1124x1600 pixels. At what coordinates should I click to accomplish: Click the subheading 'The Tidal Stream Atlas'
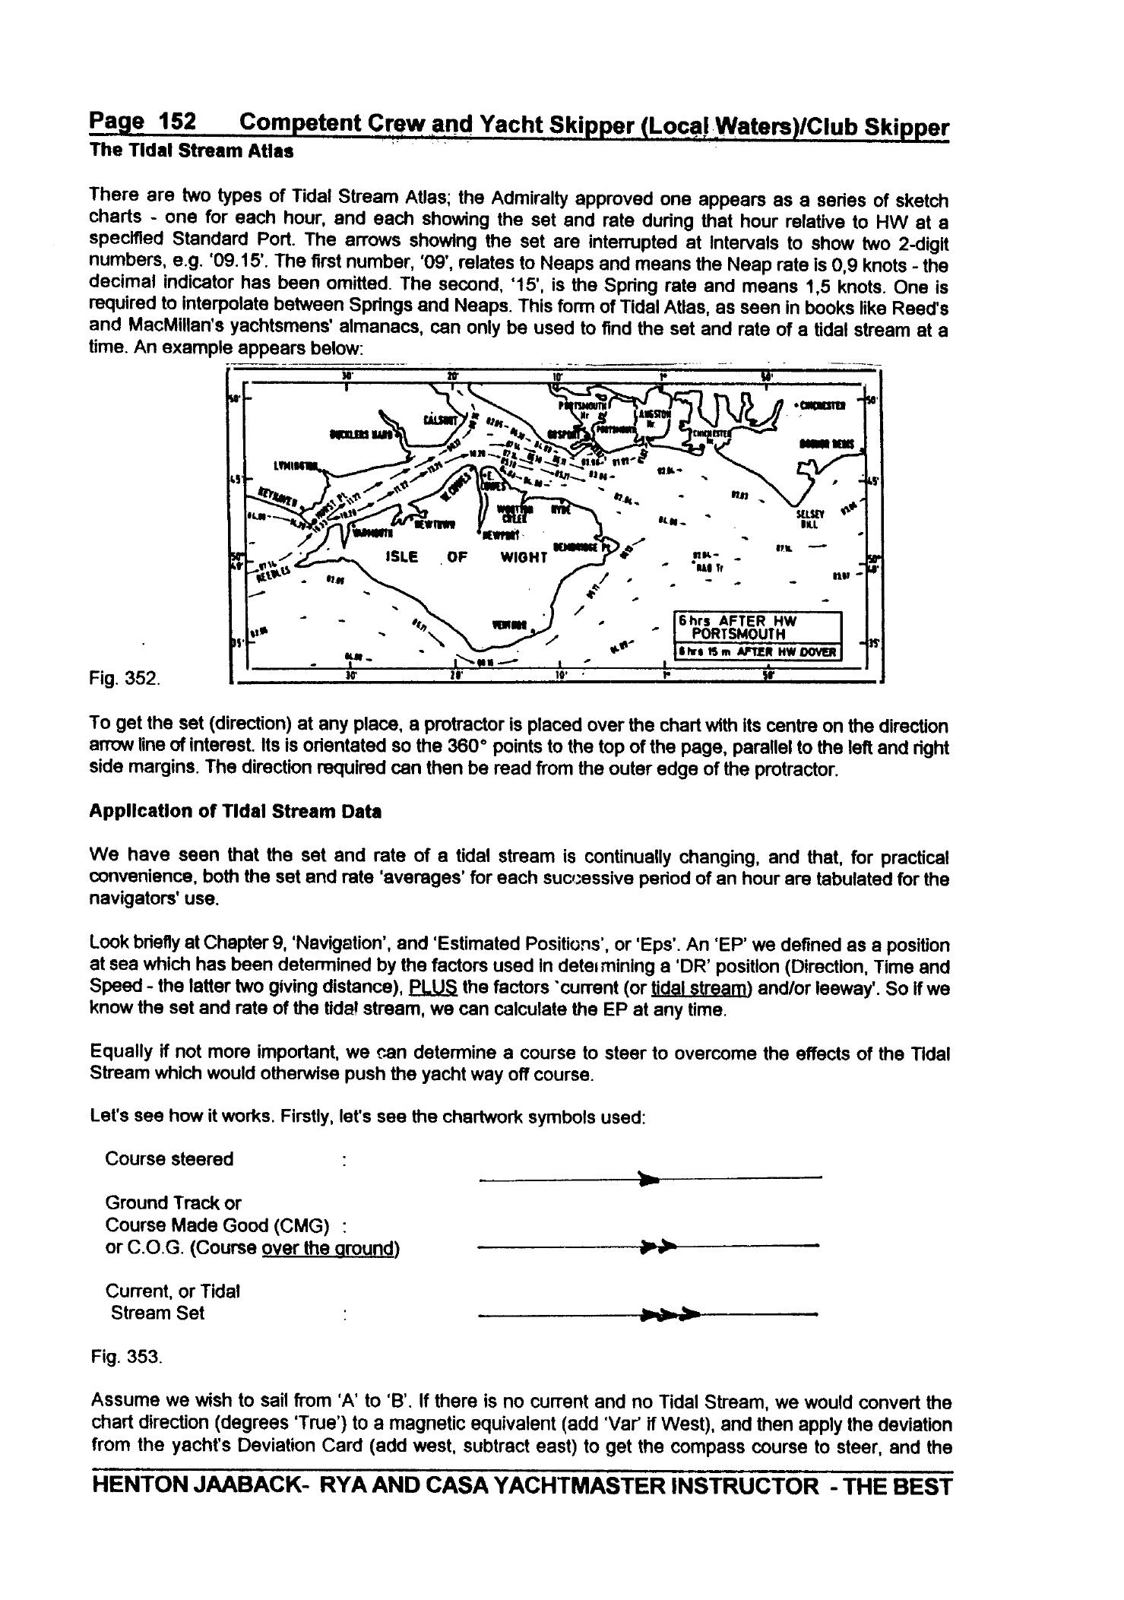(x=191, y=150)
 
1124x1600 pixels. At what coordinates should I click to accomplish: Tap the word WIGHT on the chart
(x=524, y=557)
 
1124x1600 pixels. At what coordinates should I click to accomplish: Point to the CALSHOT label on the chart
(x=441, y=420)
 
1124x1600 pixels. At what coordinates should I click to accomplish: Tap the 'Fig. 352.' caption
(x=125, y=677)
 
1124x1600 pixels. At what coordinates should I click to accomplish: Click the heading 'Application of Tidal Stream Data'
(x=236, y=812)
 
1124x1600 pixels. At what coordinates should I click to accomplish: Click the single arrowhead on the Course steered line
(x=648, y=1180)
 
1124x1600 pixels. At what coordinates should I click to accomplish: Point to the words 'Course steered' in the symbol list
(x=169, y=1159)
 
